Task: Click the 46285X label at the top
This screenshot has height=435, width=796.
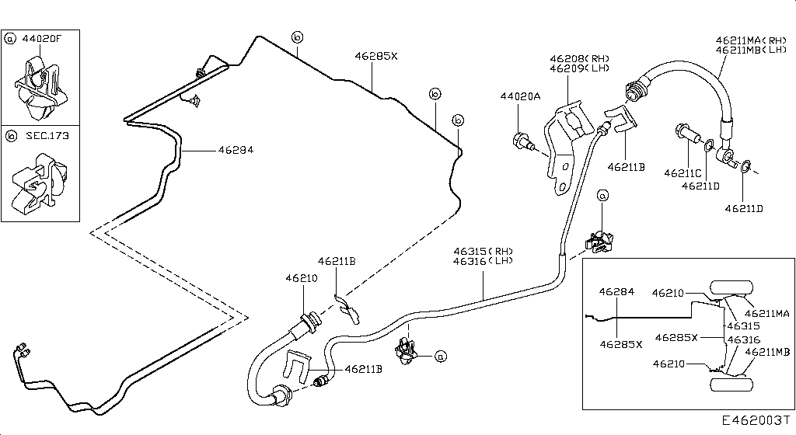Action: (x=376, y=56)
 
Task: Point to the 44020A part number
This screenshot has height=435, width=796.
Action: (x=519, y=97)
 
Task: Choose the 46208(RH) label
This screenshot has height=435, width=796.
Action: (x=580, y=58)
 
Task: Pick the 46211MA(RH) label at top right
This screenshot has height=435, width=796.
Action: (x=752, y=40)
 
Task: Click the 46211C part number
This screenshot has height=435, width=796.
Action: (x=683, y=172)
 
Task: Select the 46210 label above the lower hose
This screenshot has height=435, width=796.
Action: (x=302, y=277)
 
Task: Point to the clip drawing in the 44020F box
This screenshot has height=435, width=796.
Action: (x=39, y=85)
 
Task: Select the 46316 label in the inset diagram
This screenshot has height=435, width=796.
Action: (x=744, y=339)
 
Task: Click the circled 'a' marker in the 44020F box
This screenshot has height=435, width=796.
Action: (x=11, y=37)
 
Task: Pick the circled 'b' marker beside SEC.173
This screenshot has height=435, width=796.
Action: (x=11, y=136)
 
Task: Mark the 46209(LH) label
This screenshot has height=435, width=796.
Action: (x=580, y=68)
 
